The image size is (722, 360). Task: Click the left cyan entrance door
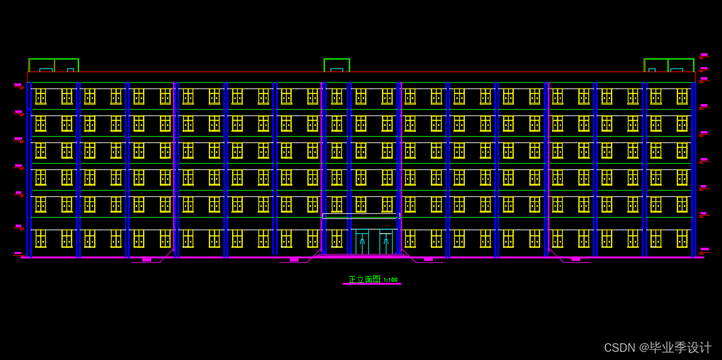(362, 242)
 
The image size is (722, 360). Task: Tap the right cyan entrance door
(386, 242)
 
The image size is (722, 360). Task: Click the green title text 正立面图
(364, 279)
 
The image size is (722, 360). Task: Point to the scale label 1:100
(390, 280)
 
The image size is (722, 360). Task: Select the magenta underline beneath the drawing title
(371, 284)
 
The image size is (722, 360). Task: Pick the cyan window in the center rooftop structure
(337, 70)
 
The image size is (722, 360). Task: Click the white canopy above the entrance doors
(361, 216)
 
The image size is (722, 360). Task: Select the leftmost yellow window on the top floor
(41, 96)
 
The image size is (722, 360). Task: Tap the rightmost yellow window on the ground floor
(682, 238)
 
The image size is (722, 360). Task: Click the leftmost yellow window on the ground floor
(41, 238)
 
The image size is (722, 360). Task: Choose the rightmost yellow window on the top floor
(682, 96)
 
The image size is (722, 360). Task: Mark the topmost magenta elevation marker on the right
(704, 55)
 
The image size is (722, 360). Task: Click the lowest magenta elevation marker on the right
(704, 250)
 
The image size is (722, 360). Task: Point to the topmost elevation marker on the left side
(18, 85)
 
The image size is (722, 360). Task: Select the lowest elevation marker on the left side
(18, 253)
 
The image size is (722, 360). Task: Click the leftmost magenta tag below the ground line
(147, 260)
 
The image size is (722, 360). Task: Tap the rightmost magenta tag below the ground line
(576, 260)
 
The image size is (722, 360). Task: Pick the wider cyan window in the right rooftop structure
(676, 70)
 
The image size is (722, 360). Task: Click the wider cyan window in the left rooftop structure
(46, 70)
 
